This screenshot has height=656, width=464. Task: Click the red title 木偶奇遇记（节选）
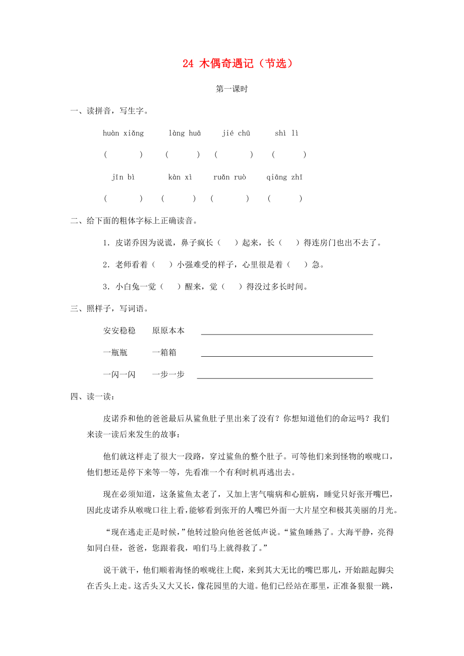[x=237, y=64]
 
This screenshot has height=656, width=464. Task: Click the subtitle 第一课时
[x=231, y=89]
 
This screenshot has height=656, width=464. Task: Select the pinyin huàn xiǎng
[x=123, y=134]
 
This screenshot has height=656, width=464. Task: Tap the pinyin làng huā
[x=185, y=134]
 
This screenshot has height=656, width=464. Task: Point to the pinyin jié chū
[x=236, y=134]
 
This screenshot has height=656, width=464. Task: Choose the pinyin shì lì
[x=286, y=134]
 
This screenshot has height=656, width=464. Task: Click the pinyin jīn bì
[x=123, y=177]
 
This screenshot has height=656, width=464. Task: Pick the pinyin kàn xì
[x=180, y=177]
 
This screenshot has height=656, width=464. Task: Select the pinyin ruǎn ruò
[x=229, y=177]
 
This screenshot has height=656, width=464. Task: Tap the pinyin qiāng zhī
[x=284, y=177]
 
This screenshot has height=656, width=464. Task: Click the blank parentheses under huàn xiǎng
[x=123, y=155]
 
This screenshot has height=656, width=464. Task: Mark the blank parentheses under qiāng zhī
[x=285, y=199]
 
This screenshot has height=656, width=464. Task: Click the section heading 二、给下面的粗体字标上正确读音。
[x=133, y=221]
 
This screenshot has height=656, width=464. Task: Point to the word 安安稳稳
[x=120, y=331]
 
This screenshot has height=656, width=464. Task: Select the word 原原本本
[x=168, y=331]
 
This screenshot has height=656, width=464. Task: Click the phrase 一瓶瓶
[x=115, y=353]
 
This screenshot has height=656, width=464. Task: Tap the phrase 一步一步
[x=168, y=374]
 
